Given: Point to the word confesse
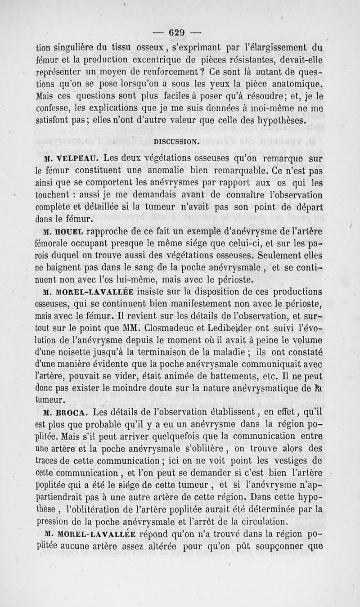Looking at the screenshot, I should (x=53, y=109).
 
